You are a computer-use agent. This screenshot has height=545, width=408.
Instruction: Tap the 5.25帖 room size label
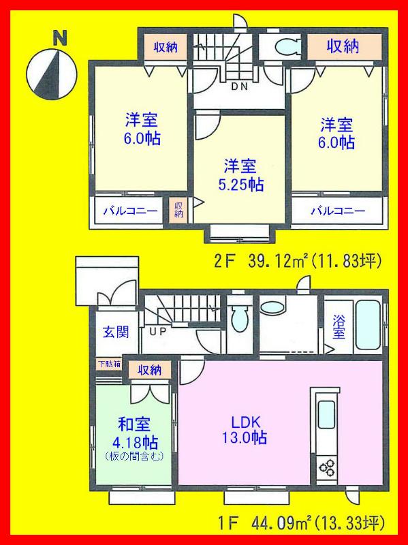(241, 185)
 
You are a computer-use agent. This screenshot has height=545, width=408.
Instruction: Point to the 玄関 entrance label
(114, 334)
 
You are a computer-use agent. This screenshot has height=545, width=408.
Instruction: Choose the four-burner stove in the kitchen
(325, 469)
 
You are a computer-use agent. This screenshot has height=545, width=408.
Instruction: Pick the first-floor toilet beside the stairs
(239, 317)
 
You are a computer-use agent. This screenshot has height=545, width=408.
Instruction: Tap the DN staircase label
(239, 87)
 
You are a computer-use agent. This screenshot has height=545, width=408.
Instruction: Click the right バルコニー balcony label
(337, 210)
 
